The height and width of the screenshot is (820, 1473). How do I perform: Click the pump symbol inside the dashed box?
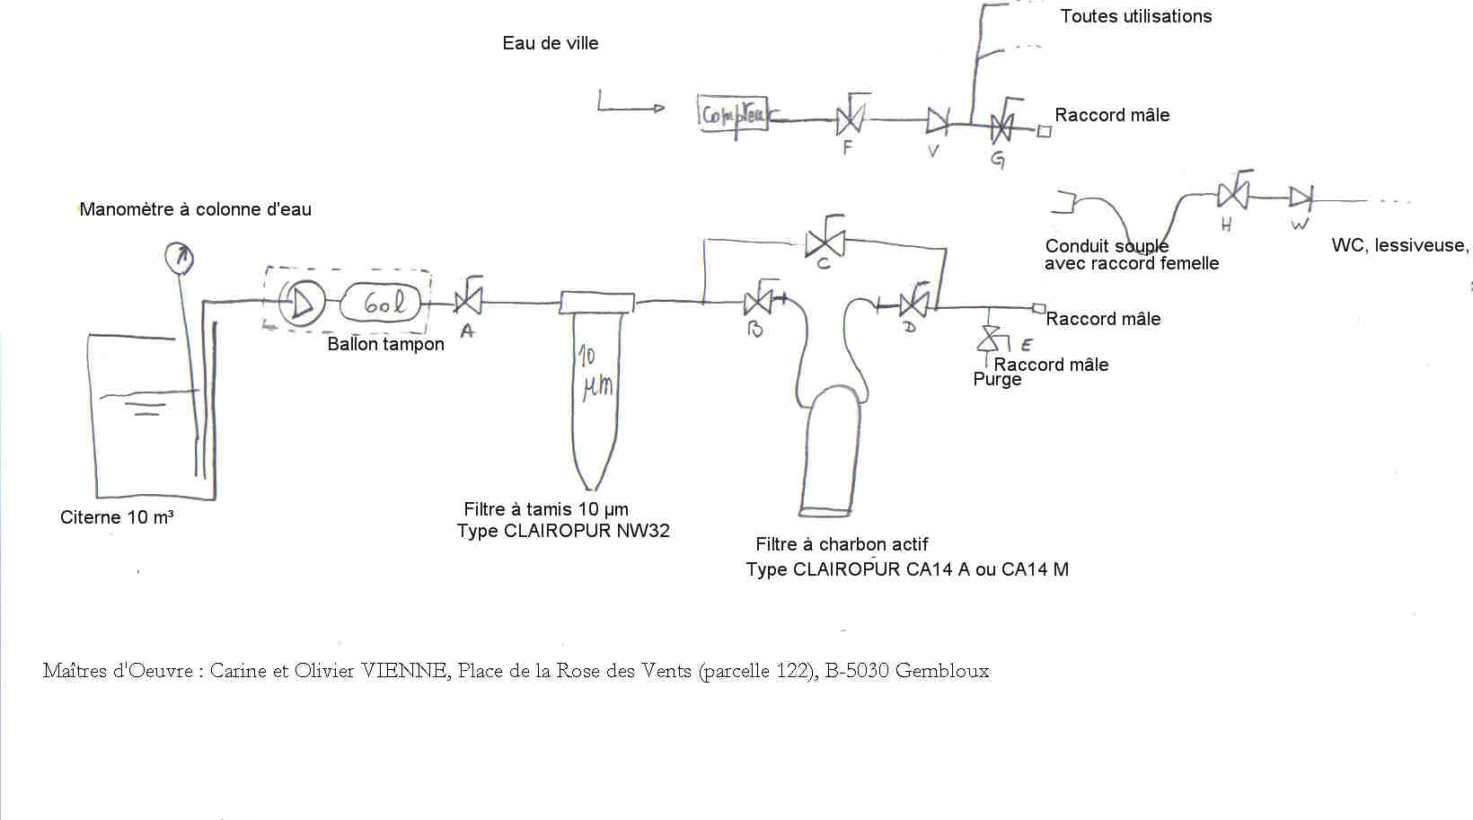pos(301,303)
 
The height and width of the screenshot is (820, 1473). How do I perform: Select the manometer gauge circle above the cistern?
pos(179,258)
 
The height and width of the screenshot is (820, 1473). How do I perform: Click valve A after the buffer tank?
pos(468,300)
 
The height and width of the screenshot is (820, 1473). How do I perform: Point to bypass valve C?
pos(824,242)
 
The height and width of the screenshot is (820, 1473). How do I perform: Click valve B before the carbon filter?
pos(758,302)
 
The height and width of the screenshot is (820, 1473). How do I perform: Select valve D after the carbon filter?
pos(913,304)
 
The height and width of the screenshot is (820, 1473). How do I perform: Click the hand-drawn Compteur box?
pos(733,114)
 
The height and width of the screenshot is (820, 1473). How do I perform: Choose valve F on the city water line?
pos(849,119)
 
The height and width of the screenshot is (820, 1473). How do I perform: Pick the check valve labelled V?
pos(938,119)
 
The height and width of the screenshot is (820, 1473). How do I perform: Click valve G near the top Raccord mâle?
pos(1001,128)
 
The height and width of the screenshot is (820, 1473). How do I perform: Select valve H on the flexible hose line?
pos(1232,194)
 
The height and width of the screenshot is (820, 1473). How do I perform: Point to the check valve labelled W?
pos(1301,198)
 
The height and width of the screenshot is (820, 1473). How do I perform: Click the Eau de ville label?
pos(550,43)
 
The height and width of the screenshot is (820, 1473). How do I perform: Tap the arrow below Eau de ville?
pos(631,107)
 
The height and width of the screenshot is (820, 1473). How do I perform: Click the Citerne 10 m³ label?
pos(117,517)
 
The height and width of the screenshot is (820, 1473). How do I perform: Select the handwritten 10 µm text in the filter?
pos(595,372)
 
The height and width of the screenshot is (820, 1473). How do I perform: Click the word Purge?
pos(997,380)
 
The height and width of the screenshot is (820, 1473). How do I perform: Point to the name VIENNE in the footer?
pos(404,671)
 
